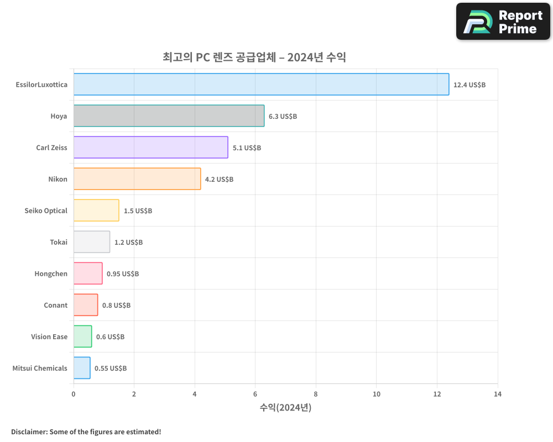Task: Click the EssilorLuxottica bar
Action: point(261,84)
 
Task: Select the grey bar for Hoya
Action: point(169,116)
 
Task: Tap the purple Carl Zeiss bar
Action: point(150,148)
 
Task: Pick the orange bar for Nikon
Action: point(137,179)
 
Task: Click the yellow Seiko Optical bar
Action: point(96,211)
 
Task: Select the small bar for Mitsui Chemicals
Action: point(82,368)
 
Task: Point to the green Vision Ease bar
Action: point(82,336)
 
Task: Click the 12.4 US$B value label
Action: point(469,85)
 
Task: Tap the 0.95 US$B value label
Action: point(123,274)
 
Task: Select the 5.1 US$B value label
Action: point(247,148)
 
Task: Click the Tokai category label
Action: point(59,242)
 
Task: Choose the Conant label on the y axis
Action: point(55,305)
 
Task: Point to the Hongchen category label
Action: point(51,273)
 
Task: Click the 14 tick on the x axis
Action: point(498,394)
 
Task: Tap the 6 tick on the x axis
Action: point(255,394)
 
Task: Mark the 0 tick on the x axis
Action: point(74,394)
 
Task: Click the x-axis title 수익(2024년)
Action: point(285,408)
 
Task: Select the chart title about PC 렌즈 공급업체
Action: point(254,57)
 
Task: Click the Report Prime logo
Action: point(503,22)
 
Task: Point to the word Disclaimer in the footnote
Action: point(28,432)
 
